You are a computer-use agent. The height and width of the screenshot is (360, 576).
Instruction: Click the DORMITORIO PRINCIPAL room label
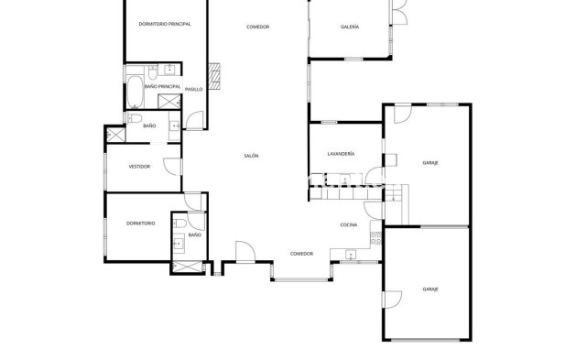tap(165, 24)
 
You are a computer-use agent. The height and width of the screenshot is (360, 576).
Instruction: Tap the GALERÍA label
tap(349, 27)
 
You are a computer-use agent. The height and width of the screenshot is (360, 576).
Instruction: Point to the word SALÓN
tap(251, 156)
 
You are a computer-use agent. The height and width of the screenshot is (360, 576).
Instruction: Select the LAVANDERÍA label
tap(341, 154)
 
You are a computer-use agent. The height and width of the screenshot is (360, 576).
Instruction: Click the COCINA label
tap(348, 224)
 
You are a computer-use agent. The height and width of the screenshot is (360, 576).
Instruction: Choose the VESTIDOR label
tap(139, 167)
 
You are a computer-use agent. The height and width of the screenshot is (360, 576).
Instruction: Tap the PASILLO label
tap(193, 89)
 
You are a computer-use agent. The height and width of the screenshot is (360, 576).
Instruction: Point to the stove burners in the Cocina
tap(375, 239)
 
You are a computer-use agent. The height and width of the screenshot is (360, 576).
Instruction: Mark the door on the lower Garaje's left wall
tap(391, 299)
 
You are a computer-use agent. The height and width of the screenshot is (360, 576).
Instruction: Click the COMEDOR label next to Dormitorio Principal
tap(257, 27)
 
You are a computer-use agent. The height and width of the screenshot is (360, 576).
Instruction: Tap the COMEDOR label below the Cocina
tap(301, 254)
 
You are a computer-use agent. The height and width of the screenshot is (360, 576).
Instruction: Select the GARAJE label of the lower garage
tap(430, 289)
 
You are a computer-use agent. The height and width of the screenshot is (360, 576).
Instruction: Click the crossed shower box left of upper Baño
tap(115, 134)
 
